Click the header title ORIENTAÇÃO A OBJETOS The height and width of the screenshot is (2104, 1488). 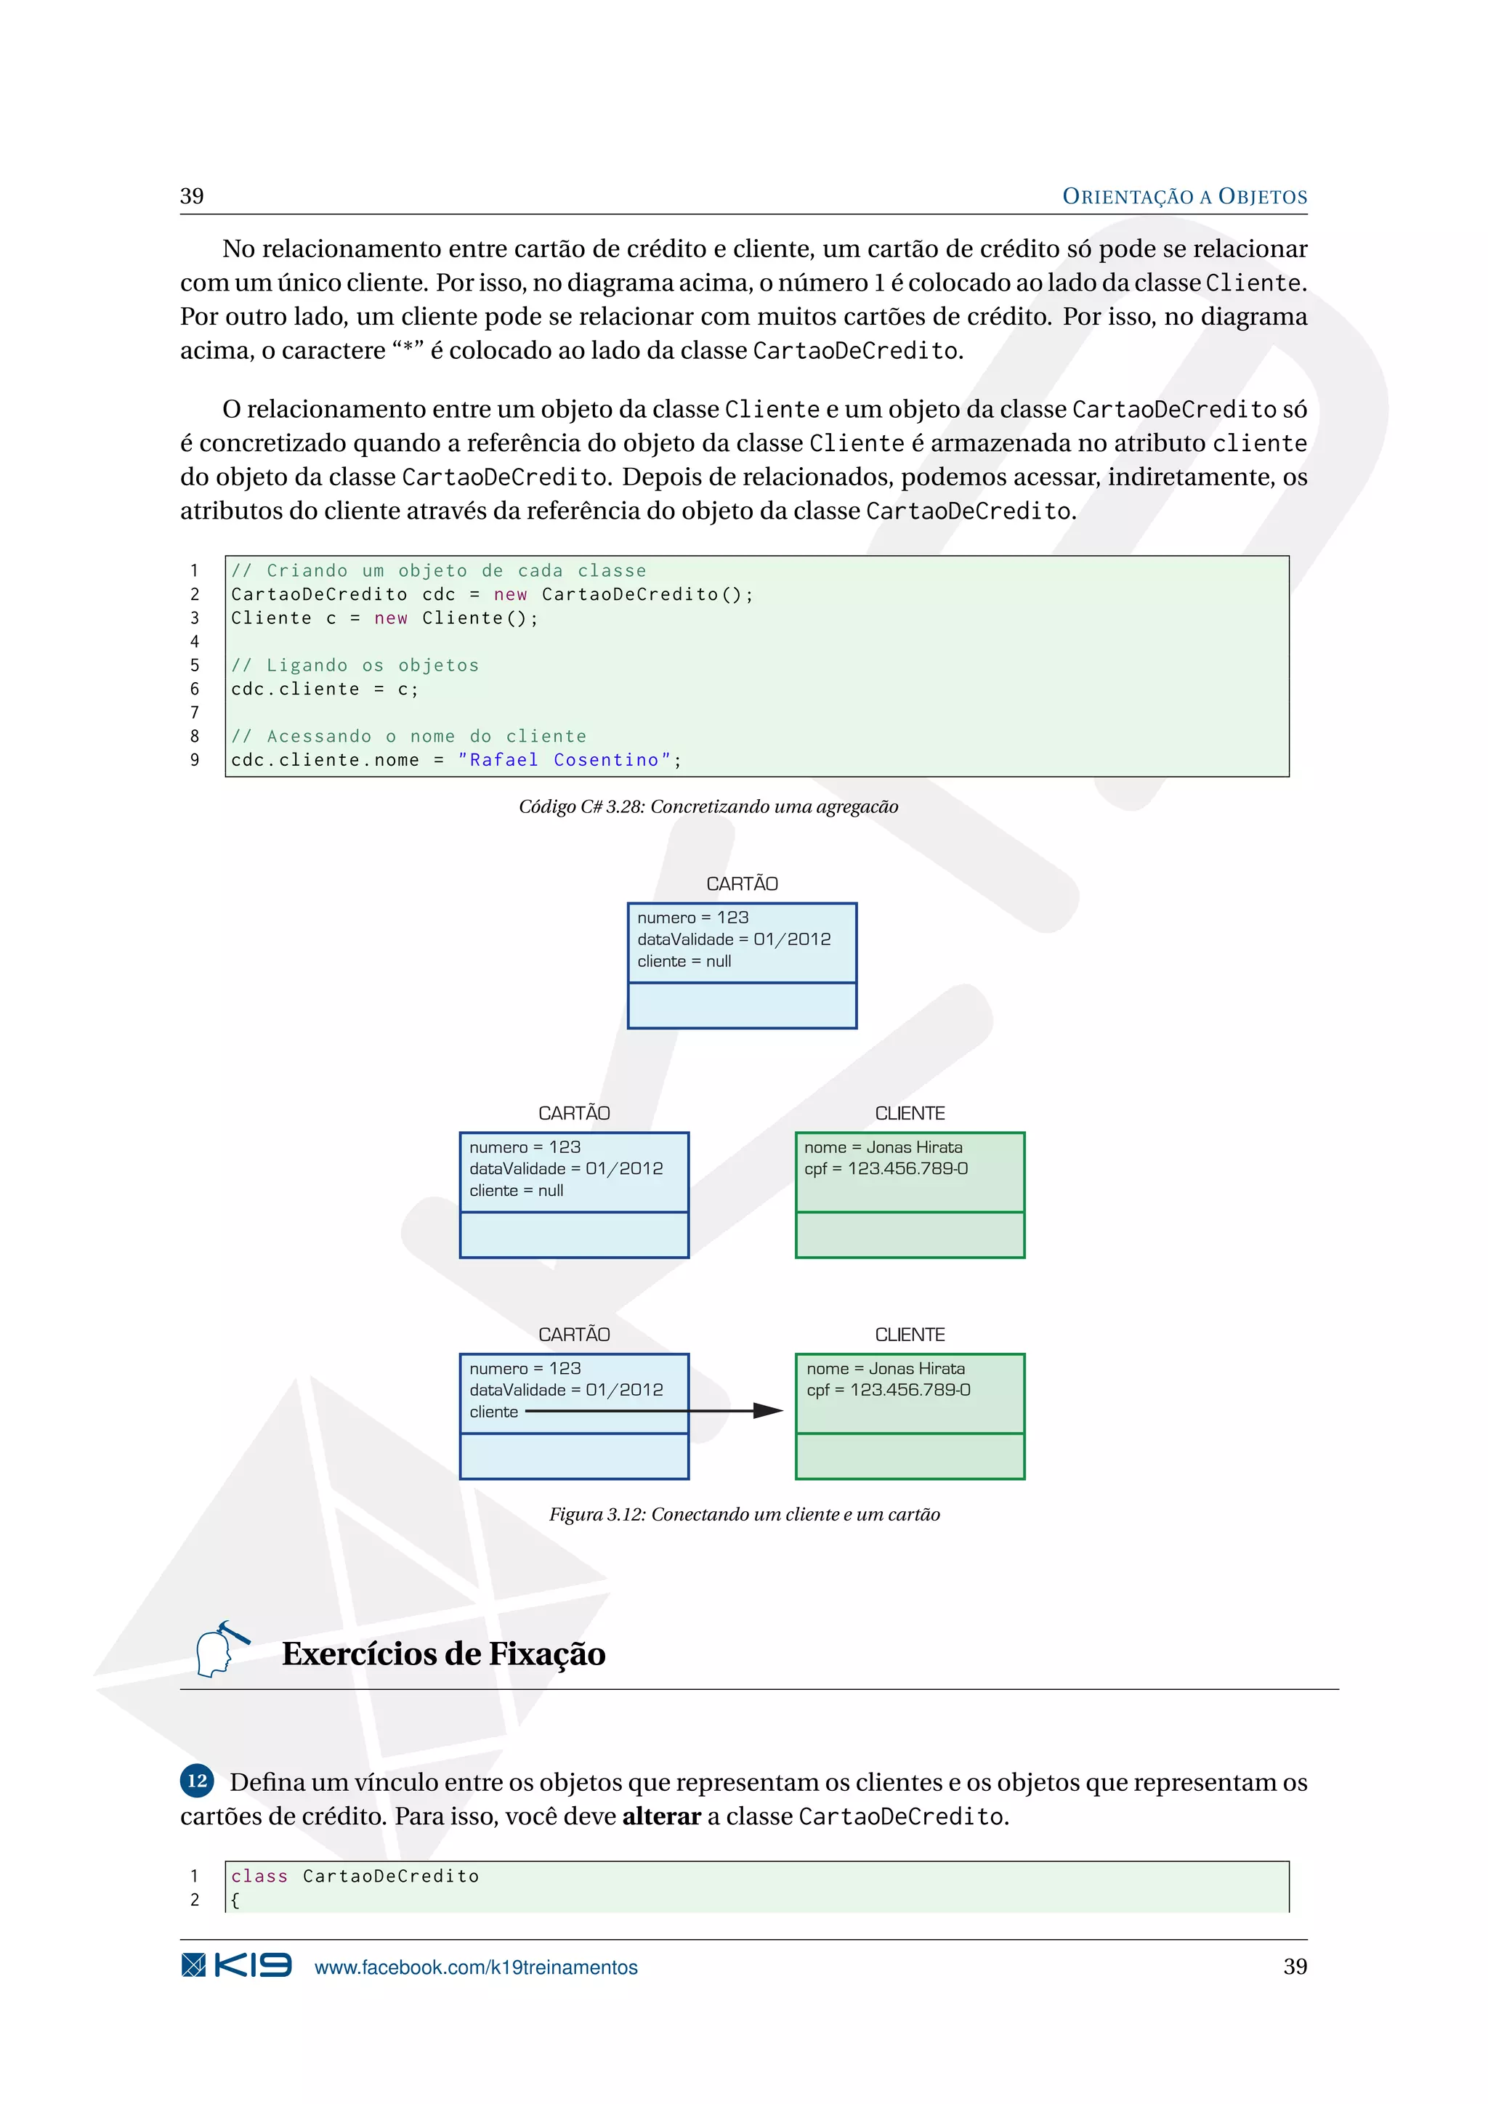tap(1184, 196)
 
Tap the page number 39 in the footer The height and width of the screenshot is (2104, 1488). tap(1295, 1966)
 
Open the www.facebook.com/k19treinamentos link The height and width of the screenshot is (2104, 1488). tap(476, 1967)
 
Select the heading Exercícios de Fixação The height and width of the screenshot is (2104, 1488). tap(443, 1653)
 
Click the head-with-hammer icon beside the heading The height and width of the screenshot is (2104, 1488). tap(220, 1648)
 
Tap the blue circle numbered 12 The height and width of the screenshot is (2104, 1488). tap(197, 1781)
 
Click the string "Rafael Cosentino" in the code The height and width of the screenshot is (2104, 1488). tap(564, 760)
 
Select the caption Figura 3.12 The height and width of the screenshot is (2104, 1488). tap(744, 1514)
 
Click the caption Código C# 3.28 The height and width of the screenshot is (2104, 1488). tap(708, 806)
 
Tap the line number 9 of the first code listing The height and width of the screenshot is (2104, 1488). tap(194, 760)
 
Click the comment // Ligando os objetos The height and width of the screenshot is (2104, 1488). tap(355, 665)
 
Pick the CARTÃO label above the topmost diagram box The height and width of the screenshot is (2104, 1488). tap(742, 883)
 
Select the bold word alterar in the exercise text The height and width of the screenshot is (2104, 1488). tap(662, 1816)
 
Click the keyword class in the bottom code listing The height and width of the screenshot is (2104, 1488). tap(259, 1876)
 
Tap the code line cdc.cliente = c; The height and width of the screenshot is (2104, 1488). tap(324, 689)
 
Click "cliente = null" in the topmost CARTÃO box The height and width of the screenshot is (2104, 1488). tap(684, 961)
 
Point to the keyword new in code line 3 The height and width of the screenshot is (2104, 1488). tap(390, 618)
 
